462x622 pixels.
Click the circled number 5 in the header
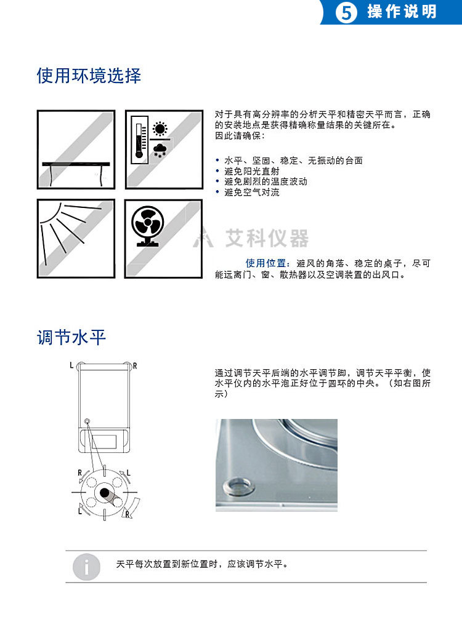pyautogui.click(x=346, y=13)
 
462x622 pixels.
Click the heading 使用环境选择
pyautogui.click(x=89, y=76)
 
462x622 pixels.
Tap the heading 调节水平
pyautogui.click(x=71, y=338)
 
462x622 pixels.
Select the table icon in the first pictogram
pyautogui.click(x=76, y=172)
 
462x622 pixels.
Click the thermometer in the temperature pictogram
pyautogui.click(x=139, y=140)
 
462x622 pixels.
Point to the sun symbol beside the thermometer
pyautogui.click(x=160, y=129)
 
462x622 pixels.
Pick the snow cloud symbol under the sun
pyautogui.click(x=160, y=150)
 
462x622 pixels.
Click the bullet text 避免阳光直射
pyautogui.click(x=251, y=172)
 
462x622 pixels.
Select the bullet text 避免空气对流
pyautogui.click(x=251, y=193)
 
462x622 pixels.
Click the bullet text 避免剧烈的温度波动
pyautogui.click(x=265, y=181)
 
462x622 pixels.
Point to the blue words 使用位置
pyautogui.click(x=265, y=263)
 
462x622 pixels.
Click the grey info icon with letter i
pyautogui.click(x=86, y=567)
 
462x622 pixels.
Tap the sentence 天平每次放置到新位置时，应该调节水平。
pyautogui.click(x=202, y=564)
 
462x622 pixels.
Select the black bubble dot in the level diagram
pyautogui.click(x=105, y=493)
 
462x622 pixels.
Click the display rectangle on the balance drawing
pyautogui.click(x=104, y=442)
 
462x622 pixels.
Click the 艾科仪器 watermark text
pyautogui.click(x=267, y=238)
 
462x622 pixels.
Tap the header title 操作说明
pyautogui.click(x=402, y=12)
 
